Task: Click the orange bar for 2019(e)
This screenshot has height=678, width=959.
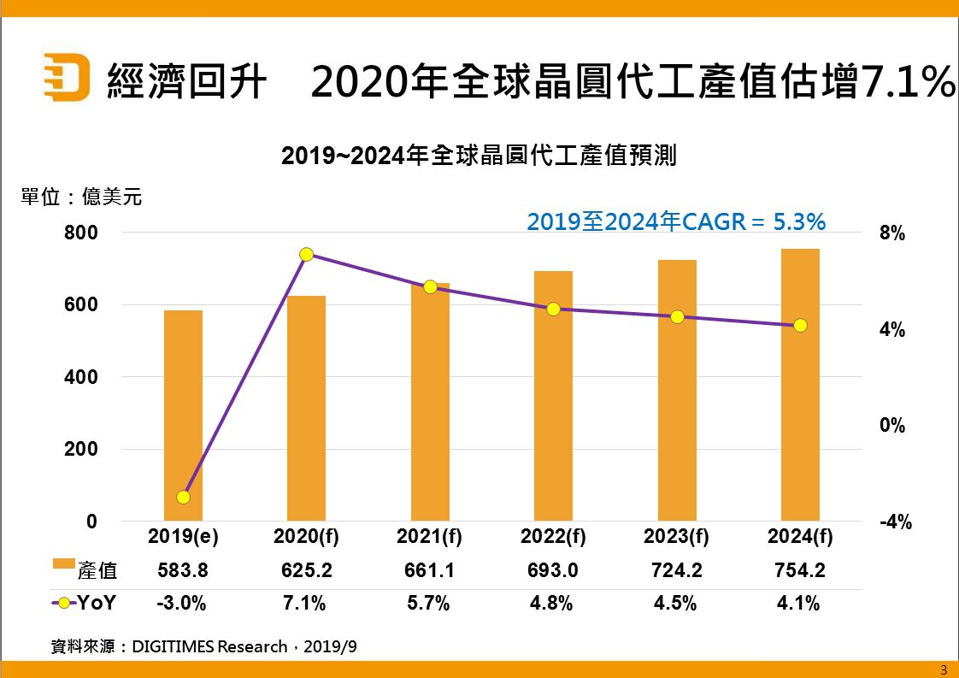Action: pyautogui.click(x=183, y=416)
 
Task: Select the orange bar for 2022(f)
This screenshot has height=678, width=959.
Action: pyautogui.click(x=553, y=396)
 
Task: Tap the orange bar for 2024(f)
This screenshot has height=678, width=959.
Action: pyautogui.click(x=800, y=385)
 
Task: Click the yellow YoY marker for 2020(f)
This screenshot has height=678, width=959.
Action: pyautogui.click(x=307, y=254)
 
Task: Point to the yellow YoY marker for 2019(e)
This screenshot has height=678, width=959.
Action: pyautogui.click(x=183, y=497)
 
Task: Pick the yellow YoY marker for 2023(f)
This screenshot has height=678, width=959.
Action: pyautogui.click(x=677, y=316)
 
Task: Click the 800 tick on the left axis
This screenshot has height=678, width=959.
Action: pyautogui.click(x=81, y=233)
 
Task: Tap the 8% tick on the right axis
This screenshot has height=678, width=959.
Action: pyautogui.click(x=891, y=234)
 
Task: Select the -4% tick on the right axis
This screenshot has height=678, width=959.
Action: pyautogui.click(x=895, y=522)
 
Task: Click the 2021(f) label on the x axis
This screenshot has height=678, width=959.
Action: pyautogui.click(x=429, y=537)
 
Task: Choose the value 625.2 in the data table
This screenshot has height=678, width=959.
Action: pyautogui.click(x=306, y=570)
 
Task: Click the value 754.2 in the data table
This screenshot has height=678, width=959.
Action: pyautogui.click(x=800, y=570)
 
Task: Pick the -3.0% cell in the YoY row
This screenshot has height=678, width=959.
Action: pyautogui.click(x=182, y=603)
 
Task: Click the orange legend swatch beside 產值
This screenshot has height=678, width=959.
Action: pyautogui.click(x=63, y=564)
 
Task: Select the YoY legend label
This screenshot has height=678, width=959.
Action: pyautogui.click(x=97, y=603)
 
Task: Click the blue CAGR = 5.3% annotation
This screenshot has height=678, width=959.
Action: pyautogui.click(x=675, y=222)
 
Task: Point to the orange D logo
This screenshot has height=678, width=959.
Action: pyautogui.click(x=67, y=77)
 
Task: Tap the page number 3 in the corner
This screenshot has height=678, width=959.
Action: pyautogui.click(x=944, y=669)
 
